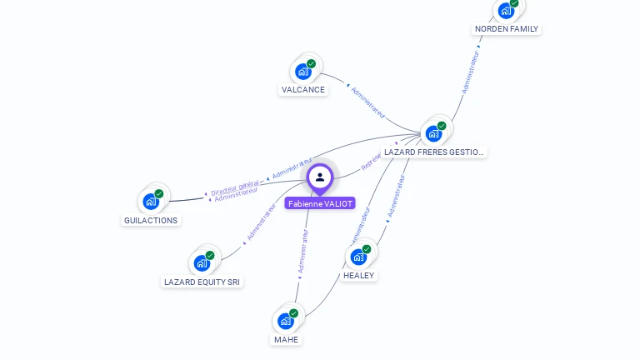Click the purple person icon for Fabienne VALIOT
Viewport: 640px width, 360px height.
click(x=320, y=177)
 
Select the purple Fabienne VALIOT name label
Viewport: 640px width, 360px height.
click(x=320, y=202)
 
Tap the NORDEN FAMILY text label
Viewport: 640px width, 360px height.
click(x=507, y=28)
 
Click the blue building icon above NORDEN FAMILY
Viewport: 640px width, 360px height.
click(x=505, y=11)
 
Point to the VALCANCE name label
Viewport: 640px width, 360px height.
click(x=302, y=89)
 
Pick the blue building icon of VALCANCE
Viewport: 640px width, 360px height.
click(x=303, y=72)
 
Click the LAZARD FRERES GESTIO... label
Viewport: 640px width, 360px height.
click(x=433, y=152)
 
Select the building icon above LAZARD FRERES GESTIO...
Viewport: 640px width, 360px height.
click(x=433, y=133)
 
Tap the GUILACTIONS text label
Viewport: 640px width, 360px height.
click(x=150, y=220)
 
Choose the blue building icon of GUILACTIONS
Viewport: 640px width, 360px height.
click(x=151, y=201)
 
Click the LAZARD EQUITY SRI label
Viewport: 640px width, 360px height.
click(x=202, y=282)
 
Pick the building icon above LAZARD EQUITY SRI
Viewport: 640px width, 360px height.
click(x=202, y=263)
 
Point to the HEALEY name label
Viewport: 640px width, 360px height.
click(x=359, y=275)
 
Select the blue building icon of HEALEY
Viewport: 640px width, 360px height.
click(x=359, y=257)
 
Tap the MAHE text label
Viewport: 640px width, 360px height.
click(x=286, y=339)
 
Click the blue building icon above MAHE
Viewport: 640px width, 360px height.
click(x=286, y=321)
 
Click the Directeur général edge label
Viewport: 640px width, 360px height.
click(x=235, y=187)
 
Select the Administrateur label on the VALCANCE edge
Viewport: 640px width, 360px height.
click(x=367, y=102)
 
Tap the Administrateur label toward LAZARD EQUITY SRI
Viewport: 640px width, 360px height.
click(x=261, y=222)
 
